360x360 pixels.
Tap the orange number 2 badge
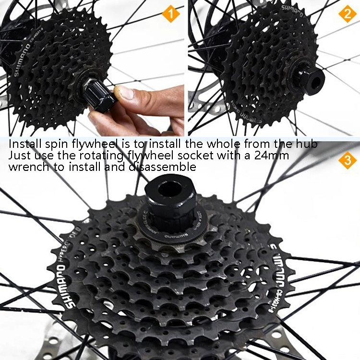tap(347, 14)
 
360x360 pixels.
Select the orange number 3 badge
tap(347, 160)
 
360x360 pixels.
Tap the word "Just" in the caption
tap(20, 155)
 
